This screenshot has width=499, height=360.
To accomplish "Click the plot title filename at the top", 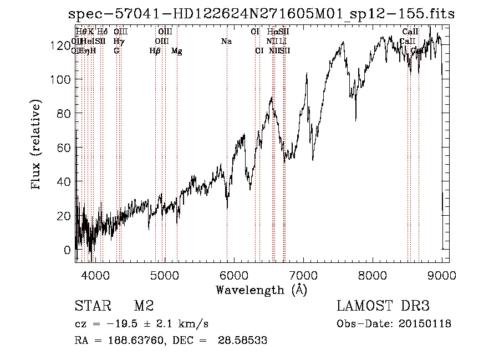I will (261, 14).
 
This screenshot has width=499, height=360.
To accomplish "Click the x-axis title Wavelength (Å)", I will (261, 290).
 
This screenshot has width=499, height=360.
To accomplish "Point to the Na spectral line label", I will (226, 42).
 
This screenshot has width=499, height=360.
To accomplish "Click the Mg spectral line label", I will (176, 51).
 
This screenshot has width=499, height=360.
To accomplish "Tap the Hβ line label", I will (155, 51).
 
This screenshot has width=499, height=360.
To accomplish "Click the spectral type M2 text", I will (144, 306).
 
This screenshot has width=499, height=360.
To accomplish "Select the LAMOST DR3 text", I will (383, 306).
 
